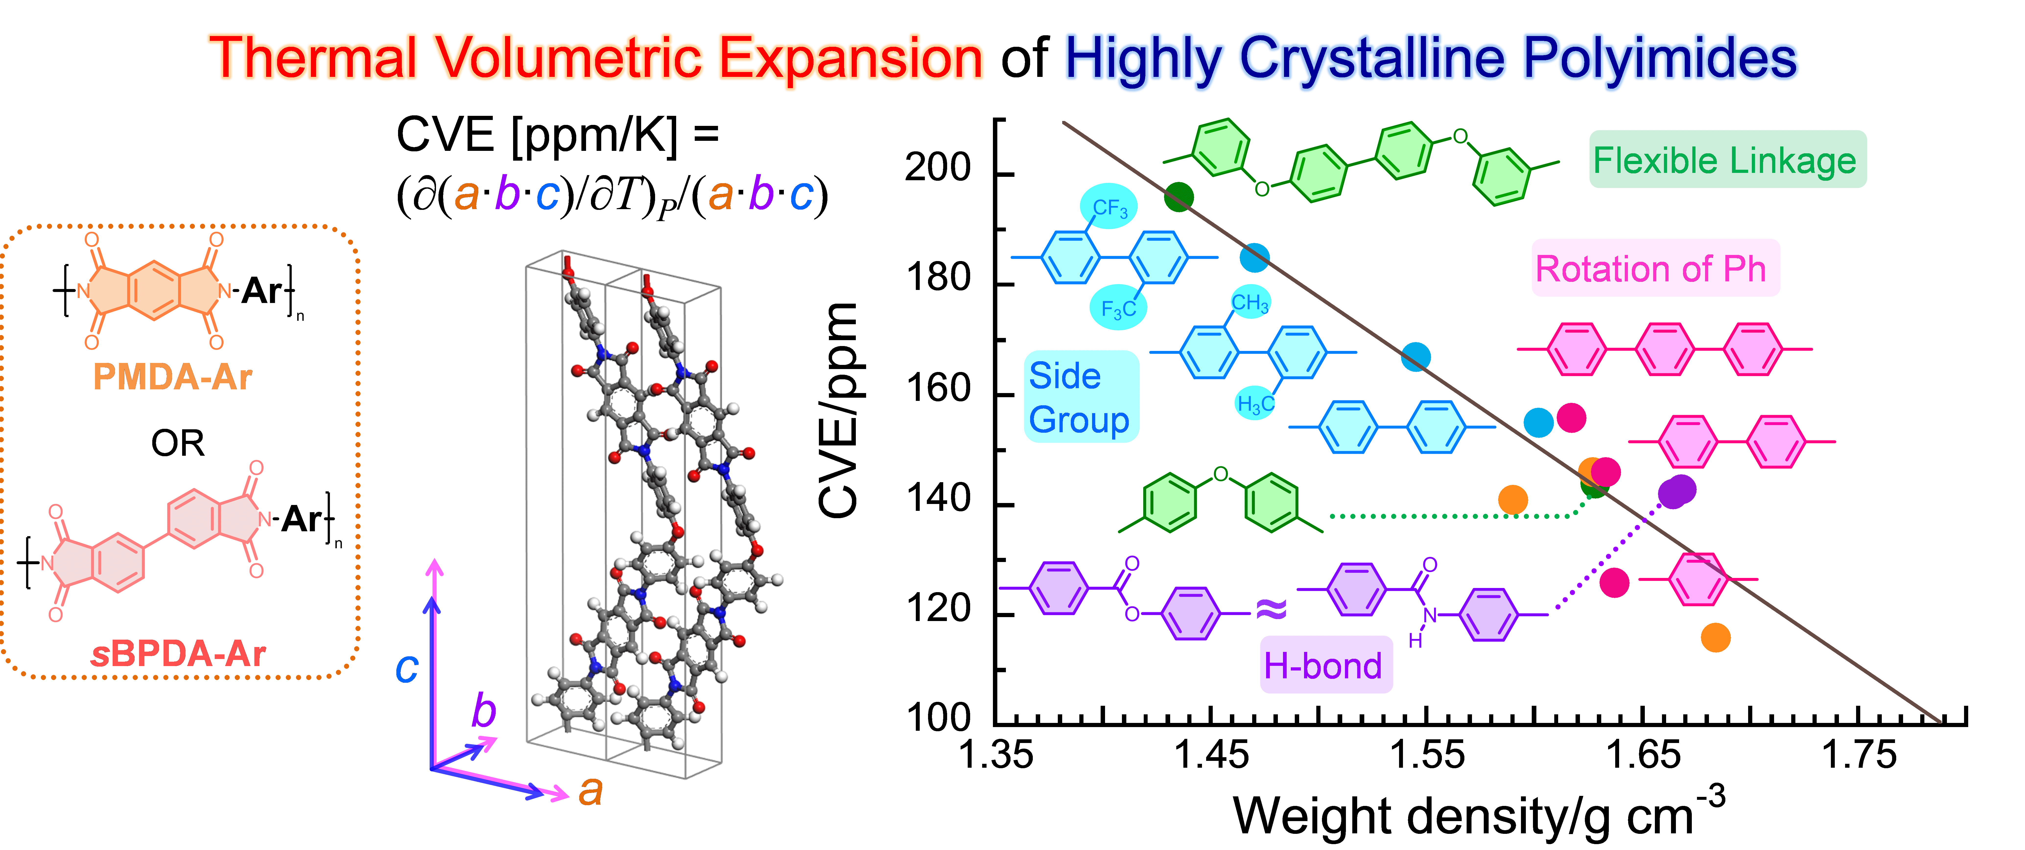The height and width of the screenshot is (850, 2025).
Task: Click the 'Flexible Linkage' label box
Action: point(1727,160)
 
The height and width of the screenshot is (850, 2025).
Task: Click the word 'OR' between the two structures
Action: point(178,443)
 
